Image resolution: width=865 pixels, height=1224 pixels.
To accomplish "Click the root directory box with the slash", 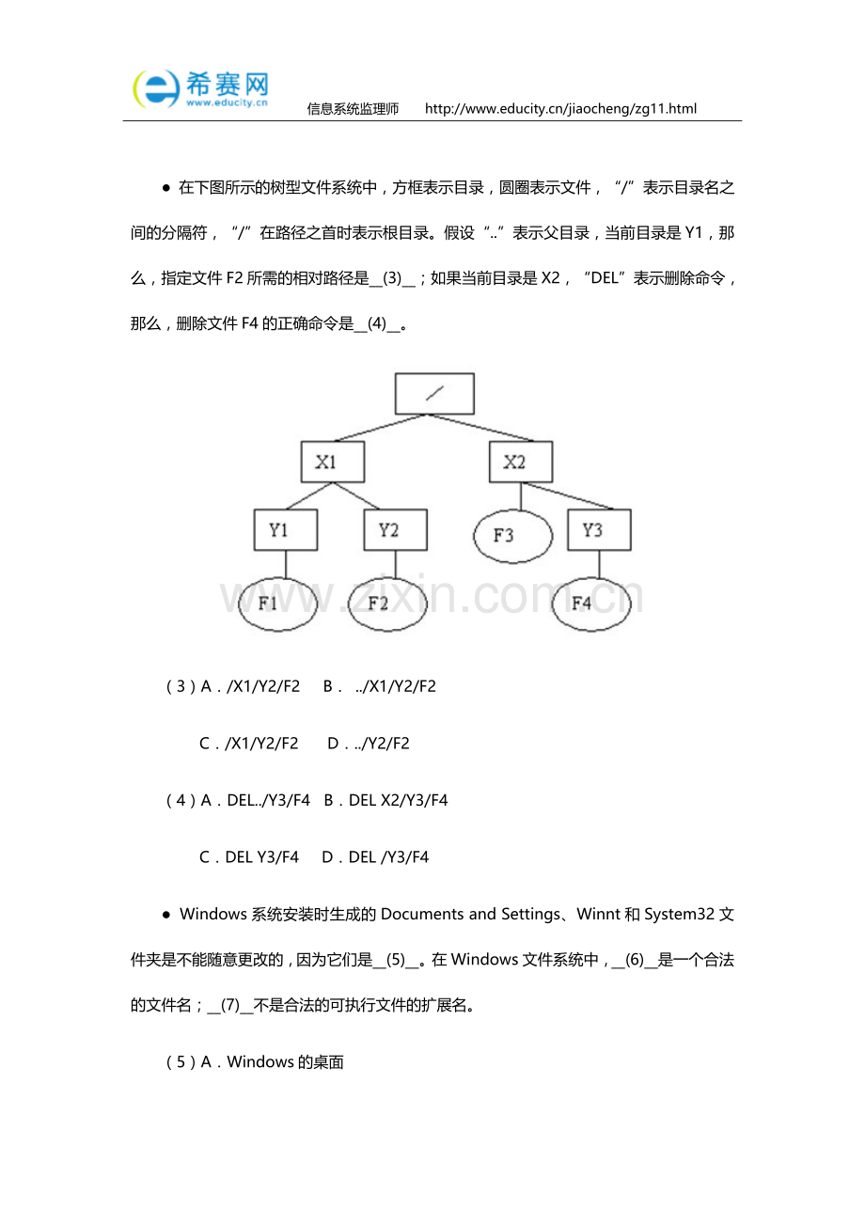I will tap(433, 394).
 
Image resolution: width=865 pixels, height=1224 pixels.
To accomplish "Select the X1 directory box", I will tap(332, 462).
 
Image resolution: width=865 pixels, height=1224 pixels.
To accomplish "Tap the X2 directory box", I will tap(520, 462).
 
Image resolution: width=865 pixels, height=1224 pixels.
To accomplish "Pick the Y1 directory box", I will tap(285, 530).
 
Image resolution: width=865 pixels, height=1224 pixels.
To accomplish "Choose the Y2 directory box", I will tap(395, 530).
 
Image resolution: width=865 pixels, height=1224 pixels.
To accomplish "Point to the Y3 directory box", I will tap(599, 530).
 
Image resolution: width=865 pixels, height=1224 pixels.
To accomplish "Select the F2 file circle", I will tap(387, 604).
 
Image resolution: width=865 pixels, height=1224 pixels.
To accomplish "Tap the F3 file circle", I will tap(512, 536).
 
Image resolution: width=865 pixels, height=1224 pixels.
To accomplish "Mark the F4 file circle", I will tap(590, 604).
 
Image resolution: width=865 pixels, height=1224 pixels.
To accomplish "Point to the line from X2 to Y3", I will tap(564, 497).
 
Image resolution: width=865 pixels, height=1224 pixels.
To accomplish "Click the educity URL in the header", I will tap(560, 109).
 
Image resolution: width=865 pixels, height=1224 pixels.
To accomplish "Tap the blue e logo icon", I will tap(156, 89).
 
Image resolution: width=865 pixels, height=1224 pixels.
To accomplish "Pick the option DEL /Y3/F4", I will tap(375, 857).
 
